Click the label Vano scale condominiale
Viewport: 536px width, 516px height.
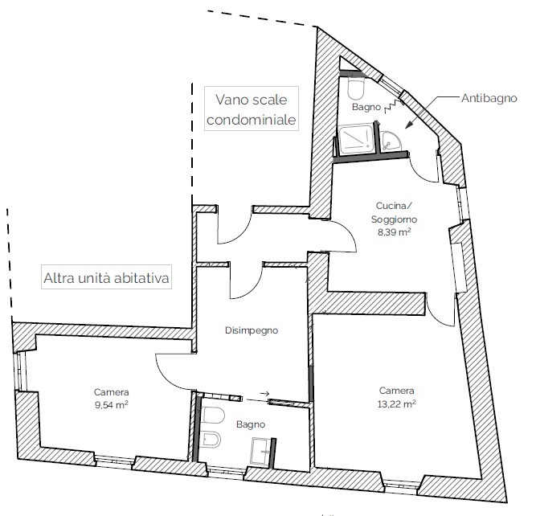[x=252, y=109]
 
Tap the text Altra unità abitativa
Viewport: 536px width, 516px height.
[x=106, y=277]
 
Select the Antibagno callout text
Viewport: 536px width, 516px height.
[x=489, y=99]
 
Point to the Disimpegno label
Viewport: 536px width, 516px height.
[x=252, y=330]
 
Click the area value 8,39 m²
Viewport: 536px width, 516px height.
[x=394, y=232]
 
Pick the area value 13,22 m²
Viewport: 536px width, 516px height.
[x=396, y=404]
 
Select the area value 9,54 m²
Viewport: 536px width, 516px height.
[x=112, y=405]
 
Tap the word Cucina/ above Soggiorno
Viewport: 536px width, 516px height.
[x=394, y=206]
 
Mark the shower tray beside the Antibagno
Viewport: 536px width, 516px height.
[x=356, y=139]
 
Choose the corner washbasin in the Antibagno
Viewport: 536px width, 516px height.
[x=391, y=141]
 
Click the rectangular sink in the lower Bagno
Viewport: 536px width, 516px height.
[x=260, y=452]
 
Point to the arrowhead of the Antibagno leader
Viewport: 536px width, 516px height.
[x=408, y=126]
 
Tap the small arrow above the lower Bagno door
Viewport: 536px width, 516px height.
[x=264, y=393]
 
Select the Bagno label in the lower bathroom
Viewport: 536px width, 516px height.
[x=251, y=424]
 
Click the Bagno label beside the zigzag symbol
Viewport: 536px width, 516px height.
[x=366, y=107]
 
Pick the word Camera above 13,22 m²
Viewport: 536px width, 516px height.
[x=396, y=391]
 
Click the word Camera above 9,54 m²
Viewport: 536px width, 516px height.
[x=112, y=392]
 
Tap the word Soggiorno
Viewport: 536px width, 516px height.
[x=394, y=219]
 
